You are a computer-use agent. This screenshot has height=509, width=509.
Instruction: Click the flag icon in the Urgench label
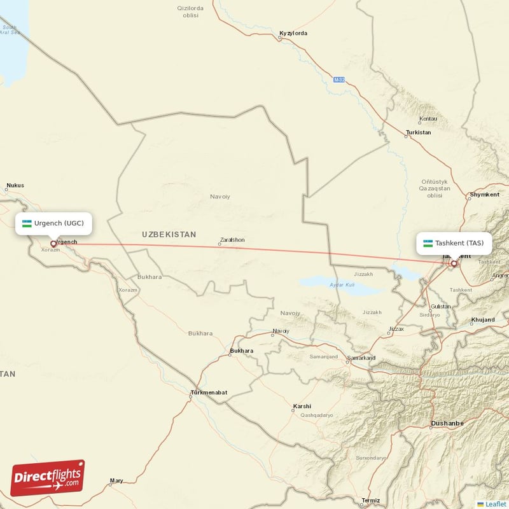tap(27, 223)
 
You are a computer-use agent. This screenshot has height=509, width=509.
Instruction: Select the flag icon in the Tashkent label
tap(428, 243)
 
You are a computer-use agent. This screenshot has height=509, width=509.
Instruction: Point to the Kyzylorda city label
tap(293, 32)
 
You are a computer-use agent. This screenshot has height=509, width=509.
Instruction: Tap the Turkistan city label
tap(418, 132)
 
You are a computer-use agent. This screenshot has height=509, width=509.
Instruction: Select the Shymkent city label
tap(485, 194)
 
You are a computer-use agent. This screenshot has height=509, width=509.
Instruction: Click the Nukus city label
tap(15, 186)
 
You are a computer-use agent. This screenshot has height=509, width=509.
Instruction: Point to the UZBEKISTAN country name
tap(169, 235)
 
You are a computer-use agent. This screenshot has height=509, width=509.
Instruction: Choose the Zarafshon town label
tap(232, 240)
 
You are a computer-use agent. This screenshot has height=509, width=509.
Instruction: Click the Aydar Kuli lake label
tap(341, 284)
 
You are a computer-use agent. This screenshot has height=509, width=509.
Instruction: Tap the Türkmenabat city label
tap(209, 393)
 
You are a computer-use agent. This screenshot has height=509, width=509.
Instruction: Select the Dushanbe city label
tap(447, 423)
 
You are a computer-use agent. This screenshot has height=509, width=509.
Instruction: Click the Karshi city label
tap(302, 406)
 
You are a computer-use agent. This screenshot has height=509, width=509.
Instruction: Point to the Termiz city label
tap(370, 500)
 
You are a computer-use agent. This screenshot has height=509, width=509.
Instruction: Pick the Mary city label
tap(116, 481)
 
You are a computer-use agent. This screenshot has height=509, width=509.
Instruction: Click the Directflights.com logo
tap(48, 478)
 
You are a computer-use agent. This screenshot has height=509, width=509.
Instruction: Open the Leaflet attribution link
tap(495, 504)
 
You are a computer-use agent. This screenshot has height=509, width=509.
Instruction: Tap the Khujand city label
tap(482, 319)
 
